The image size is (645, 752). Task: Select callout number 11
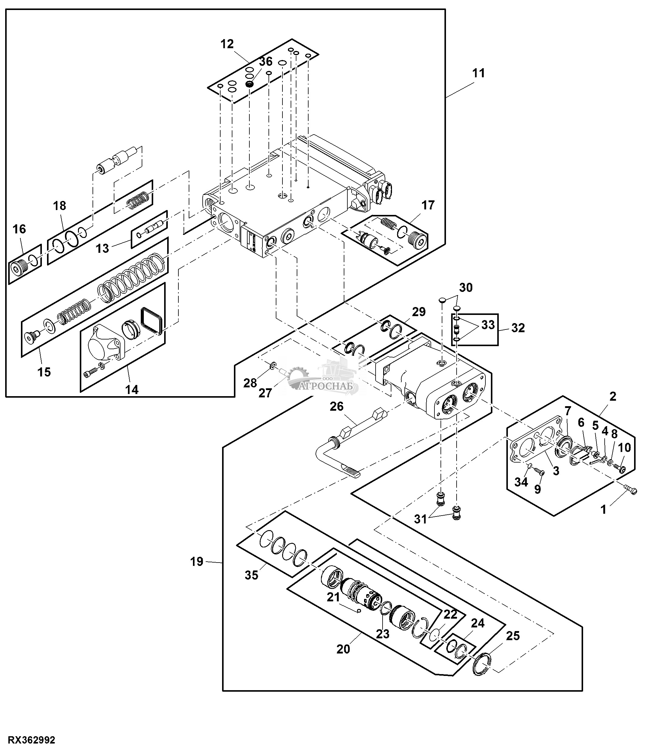click(479, 73)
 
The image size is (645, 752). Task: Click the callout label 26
click(337, 406)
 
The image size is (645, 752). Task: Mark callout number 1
click(603, 510)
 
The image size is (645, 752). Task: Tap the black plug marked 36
click(249, 84)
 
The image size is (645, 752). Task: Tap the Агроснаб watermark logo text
click(328, 386)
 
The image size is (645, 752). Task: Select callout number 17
click(428, 206)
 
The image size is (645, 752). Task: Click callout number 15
click(44, 372)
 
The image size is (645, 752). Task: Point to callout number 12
click(227, 44)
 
